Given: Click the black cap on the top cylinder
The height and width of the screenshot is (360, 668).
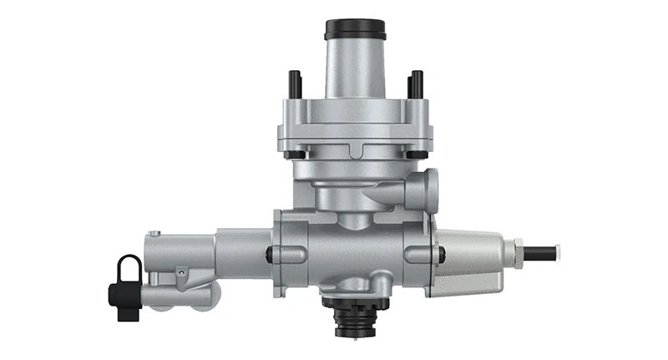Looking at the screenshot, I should tap(354, 29).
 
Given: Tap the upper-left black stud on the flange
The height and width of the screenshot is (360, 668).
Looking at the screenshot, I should tap(295, 84).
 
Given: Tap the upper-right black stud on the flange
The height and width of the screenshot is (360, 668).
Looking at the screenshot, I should tap(415, 84).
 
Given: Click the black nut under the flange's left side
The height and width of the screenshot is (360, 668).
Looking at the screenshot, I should tap(294, 155).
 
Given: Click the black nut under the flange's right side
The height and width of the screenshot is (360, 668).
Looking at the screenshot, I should tap(415, 155).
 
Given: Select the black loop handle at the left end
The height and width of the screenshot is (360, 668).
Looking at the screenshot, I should tap(129, 270).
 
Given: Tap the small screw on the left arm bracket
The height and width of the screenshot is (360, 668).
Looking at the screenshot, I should tap(179, 271).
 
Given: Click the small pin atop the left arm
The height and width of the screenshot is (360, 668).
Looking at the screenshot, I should tap(154, 234).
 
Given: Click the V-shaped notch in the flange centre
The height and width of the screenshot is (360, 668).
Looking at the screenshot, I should tap(354, 151).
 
